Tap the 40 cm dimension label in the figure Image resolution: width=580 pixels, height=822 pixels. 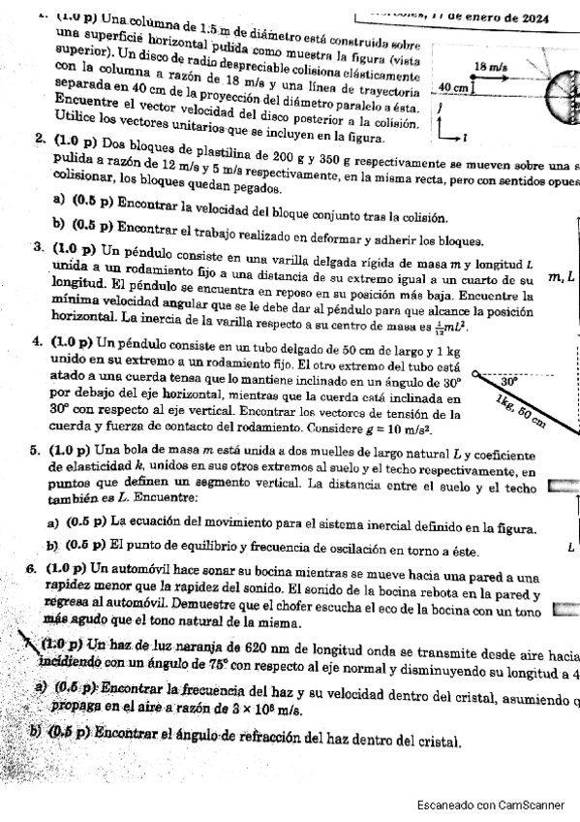453,87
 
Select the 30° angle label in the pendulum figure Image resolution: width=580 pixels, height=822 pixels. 509,382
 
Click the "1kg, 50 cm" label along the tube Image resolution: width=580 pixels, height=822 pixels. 520,410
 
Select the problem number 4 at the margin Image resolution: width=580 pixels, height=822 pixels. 36,341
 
